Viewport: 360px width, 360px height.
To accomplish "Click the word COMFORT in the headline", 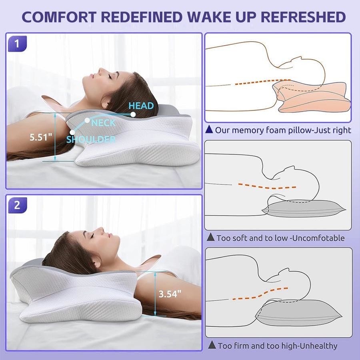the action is (59, 17).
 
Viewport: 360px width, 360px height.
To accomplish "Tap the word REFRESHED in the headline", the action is (303, 17).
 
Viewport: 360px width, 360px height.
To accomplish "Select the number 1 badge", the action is (18, 43).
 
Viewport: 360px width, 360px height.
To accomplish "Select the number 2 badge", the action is (18, 205).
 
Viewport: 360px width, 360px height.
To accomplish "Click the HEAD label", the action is (141, 106).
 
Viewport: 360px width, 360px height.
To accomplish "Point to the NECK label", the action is (103, 123).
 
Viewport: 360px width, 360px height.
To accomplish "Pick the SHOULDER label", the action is (91, 139).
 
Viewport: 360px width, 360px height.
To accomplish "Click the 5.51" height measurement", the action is (41, 137).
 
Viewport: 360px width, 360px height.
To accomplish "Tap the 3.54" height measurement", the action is (170, 294).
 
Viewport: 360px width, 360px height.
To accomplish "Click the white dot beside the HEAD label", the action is (133, 114).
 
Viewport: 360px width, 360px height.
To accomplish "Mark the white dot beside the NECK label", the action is (87, 120).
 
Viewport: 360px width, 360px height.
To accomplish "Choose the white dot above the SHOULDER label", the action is (72, 132).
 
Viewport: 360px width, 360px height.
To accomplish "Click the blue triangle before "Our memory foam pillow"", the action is (209, 130).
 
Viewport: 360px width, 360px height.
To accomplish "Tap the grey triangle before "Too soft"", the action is (210, 237).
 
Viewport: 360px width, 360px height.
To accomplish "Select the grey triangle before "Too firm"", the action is (212, 345).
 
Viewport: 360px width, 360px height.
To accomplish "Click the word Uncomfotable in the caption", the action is (319, 238).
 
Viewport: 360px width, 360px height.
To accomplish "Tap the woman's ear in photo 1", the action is (105, 104).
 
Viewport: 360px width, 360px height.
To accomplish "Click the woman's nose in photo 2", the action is (100, 230).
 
